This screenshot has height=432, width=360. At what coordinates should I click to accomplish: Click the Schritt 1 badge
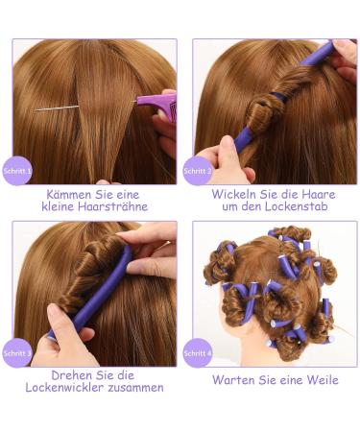pos(17,171)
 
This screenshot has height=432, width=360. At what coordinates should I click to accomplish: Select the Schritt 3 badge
pos(17,352)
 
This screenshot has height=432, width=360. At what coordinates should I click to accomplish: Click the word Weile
pos(318,380)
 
